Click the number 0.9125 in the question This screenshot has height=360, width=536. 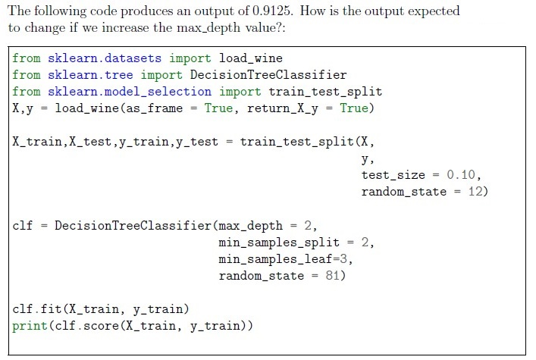click(272, 11)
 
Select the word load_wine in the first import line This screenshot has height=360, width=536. click(251, 58)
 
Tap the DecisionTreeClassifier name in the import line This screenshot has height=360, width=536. click(268, 75)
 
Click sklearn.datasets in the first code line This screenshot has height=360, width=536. click(105, 58)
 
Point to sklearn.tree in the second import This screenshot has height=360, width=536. click(90, 75)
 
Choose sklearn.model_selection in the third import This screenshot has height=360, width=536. click(130, 92)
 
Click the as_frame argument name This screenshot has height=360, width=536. click(155, 108)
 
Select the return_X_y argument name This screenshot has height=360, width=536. click(282, 108)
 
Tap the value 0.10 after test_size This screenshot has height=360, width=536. click(461, 175)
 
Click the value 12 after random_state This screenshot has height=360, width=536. click(475, 192)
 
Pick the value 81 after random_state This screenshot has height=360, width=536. click(333, 275)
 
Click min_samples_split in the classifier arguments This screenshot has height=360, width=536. click(279, 243)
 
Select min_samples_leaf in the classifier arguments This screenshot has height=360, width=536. click(275, 259)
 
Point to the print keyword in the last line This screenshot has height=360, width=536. click(30, 326)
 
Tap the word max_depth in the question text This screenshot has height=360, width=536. click(208, 28)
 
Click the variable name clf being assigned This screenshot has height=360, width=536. click(23, 225)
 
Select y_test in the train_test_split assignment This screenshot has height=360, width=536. click(197, 142)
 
